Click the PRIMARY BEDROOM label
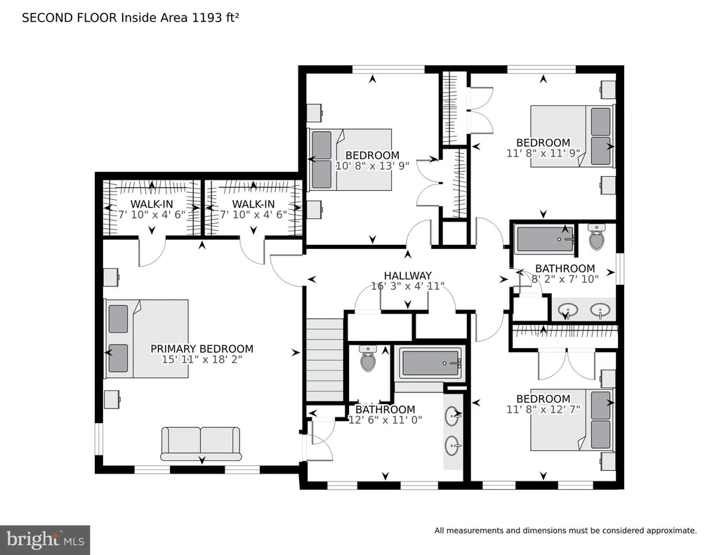tap(202, 349)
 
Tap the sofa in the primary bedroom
tap(200, 443)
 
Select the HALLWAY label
tap(408, 276)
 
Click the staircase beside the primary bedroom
tap(324, 360)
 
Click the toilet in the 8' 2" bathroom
tap(596, 236)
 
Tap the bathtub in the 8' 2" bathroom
tap(544, 239)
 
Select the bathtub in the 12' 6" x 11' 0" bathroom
tap(430, 363)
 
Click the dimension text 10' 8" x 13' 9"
tap(372, 166)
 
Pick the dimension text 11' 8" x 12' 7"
tap(543, 409)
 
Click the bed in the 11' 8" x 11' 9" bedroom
tap(572, 136)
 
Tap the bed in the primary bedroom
tap(147, 339)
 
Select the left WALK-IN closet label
tap(152, 204)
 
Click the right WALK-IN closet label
tap(253, 204)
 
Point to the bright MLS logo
tap(45, 540)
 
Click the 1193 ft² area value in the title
tap(216, 18)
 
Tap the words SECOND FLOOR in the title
tap(70, 18)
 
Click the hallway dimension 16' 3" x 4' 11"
tap(408, 286)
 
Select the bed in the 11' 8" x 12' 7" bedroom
tap(572, 420)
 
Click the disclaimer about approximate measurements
tap(565, 530)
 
